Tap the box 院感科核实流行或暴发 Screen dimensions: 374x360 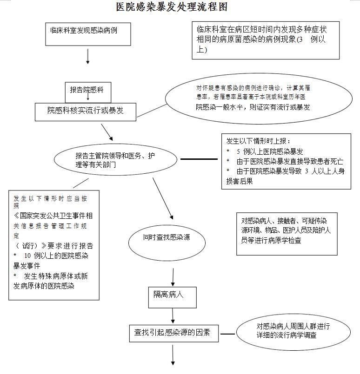pyautogui.click(x=86, y=111)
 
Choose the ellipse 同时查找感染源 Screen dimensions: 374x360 pyautogui.click(x=167, y=238)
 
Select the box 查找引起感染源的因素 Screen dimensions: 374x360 pyautogui.click(x=173, y=333)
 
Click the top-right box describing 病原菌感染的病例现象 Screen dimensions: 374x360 pyautogui.click(x=266, y=40)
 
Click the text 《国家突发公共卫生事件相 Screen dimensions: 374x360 pyautogui.click(x=53, y=216)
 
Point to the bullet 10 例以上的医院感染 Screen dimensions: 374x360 pyautogui.click(x=51, y=256)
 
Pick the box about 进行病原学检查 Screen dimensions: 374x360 pyautogui.click(x=287, y=231)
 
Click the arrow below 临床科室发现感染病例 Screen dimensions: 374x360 pyautogui.click(x=87, y=57)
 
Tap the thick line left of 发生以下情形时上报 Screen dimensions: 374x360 pyautogui.click(x=199, y=159)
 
